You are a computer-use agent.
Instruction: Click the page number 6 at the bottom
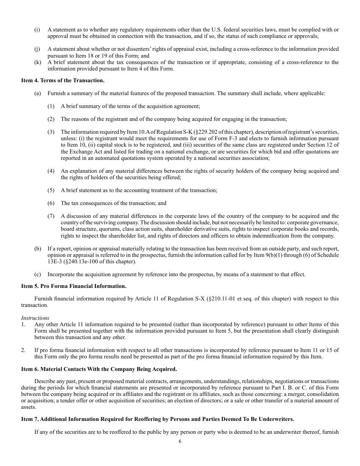pyautogui.click(x=180, y=441)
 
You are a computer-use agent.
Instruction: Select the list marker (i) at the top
pyautogui.click(x=37, y=30)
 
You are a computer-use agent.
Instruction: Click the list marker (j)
pyautogui.click(x=37, y=49)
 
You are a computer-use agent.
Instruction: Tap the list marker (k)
pyautogui.click(x=37, y=62)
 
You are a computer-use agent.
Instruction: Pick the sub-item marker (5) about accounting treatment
pyautogui.click(x=51, y=190)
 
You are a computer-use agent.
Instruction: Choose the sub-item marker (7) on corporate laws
pyautogui.click(x=51, y=216)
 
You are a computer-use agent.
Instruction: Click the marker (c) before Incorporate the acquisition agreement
pyautogui.click(x=37, y=274)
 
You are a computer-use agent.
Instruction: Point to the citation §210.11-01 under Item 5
pyautogui.click(x=221, y=299)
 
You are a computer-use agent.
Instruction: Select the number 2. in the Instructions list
pyautogui.click(x=23, y=350)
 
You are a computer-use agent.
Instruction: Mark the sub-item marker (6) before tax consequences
pyautogui.click(x=51, y=203)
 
